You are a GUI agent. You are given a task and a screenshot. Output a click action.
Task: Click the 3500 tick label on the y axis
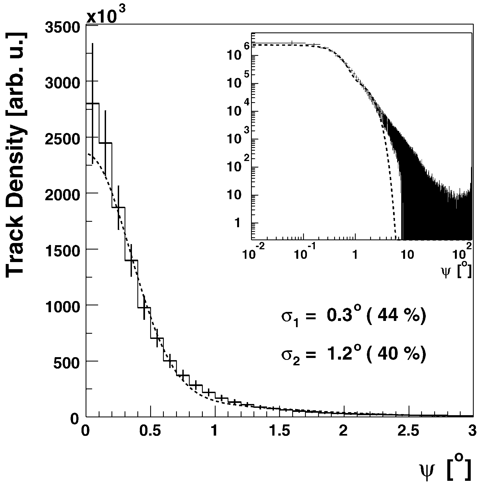pos(62,28)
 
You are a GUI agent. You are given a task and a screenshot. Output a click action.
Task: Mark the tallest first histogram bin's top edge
pos(93,104)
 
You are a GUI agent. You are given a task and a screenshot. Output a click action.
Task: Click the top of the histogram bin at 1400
pos(131,260)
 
